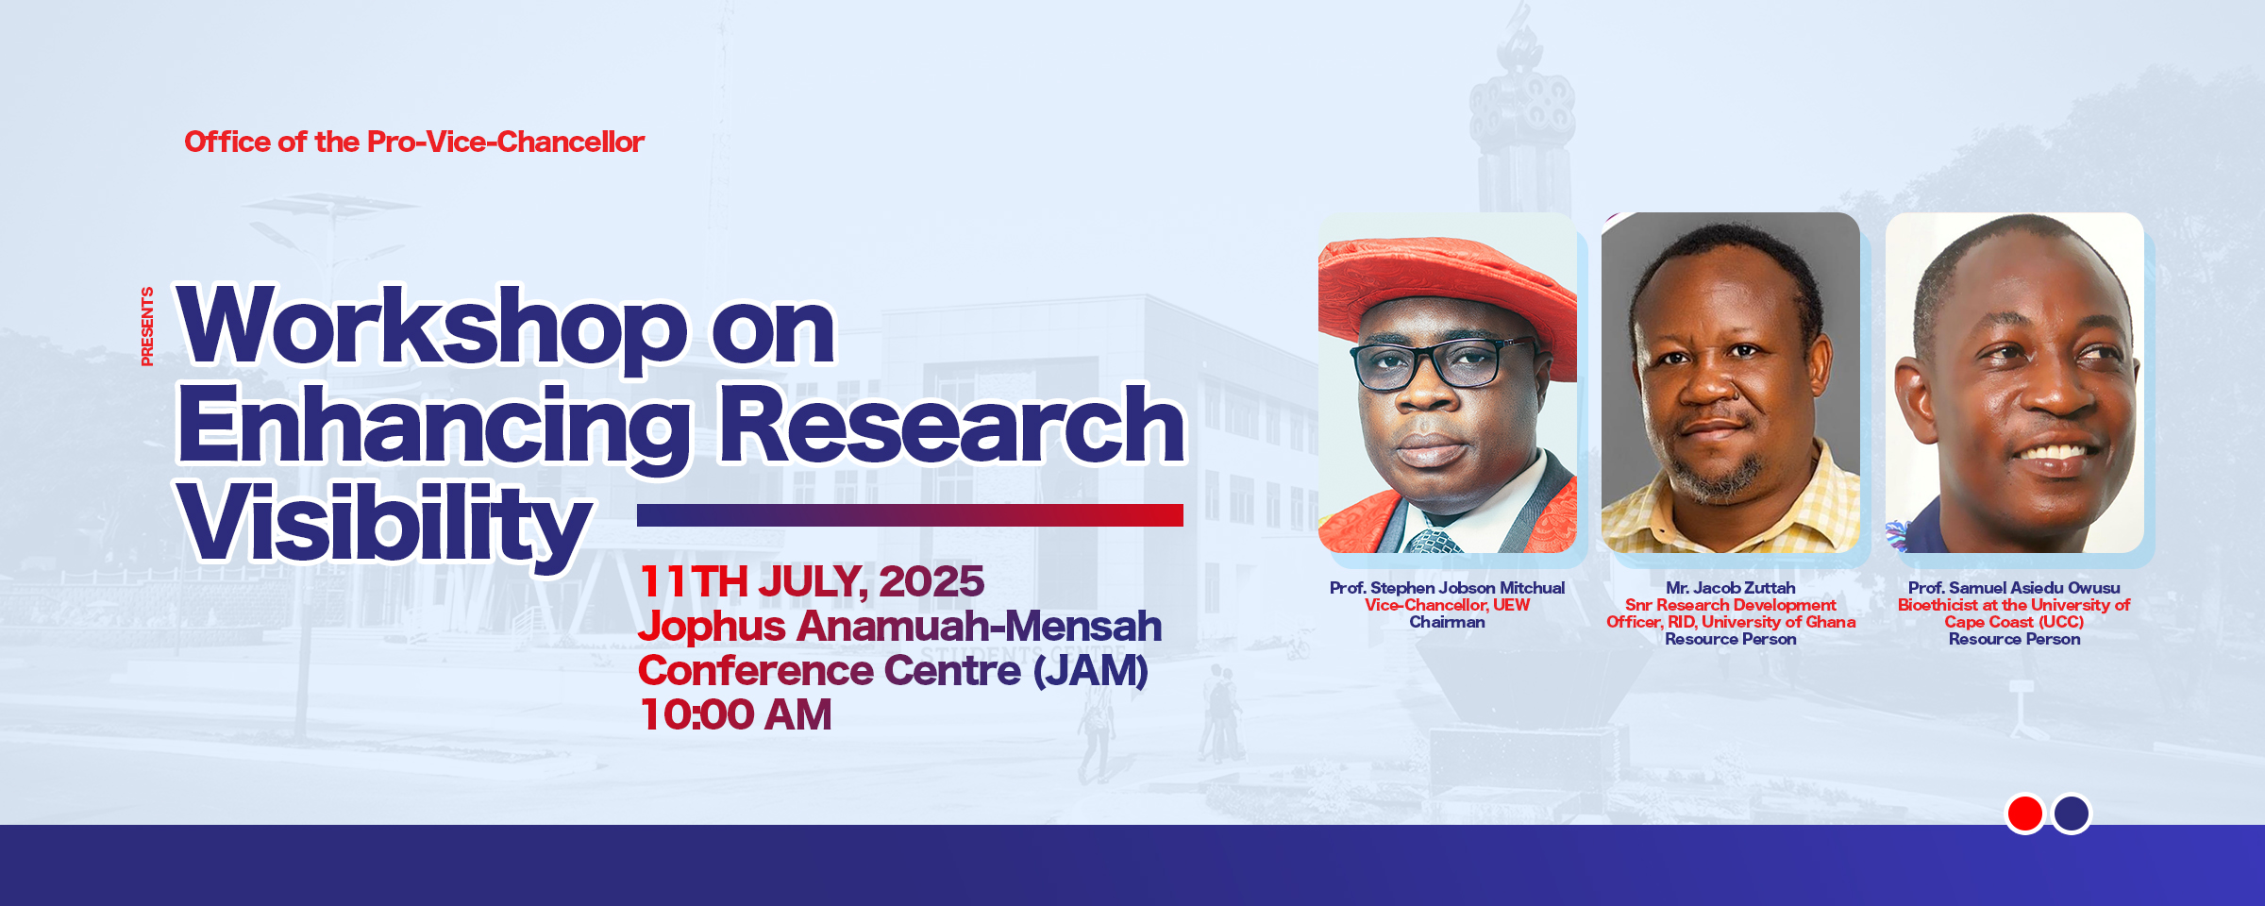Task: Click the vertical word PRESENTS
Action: click(x=146, y=327)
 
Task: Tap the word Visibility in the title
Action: click(x=384, y=524)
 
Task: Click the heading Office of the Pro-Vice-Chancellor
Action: click(x=414, y=142)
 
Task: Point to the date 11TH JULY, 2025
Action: click(x=812, y=581)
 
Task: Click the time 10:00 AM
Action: click(x=735, y=714)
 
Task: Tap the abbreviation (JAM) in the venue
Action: click(x=1091, y=671)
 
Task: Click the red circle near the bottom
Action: click(x=2025, y=814)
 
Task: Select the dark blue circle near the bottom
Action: click(x=2072, y=814)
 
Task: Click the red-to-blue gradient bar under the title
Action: click(x=910, y=515)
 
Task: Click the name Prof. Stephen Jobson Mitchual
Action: click(x=1447, y=588)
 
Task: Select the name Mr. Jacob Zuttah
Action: click(x=1731, y=588)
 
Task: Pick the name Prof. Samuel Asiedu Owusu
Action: click(x=2014, y=588)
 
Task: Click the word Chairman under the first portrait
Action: click(x=1447, y=622)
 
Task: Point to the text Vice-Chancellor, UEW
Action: click(x=1447, y=605)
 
